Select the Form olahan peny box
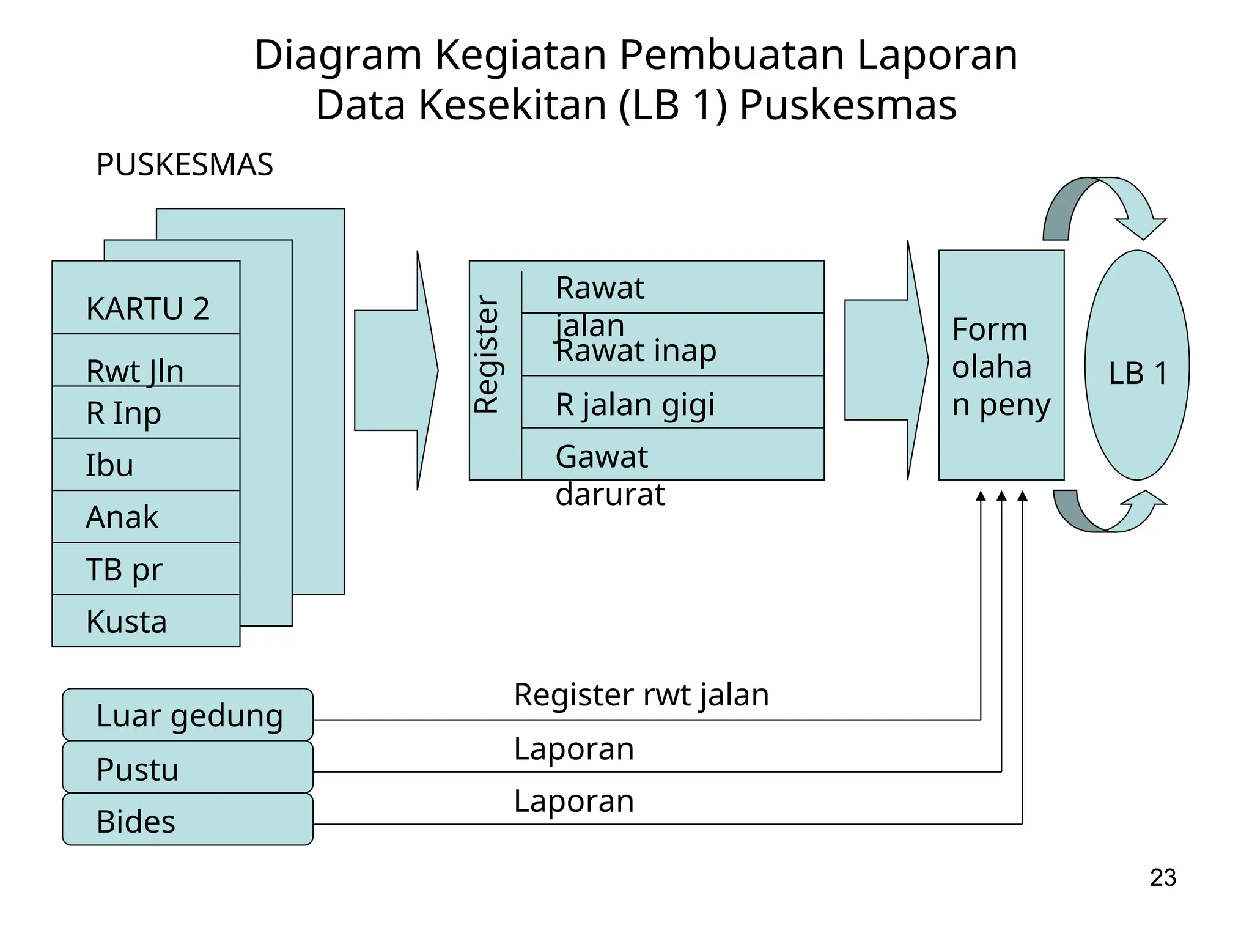1001,366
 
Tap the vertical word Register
488,355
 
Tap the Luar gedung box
188,715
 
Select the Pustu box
188,768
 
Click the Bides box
188,820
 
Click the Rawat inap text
636,352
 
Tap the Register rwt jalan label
641,695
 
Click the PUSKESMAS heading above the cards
185,165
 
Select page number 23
1163,878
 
